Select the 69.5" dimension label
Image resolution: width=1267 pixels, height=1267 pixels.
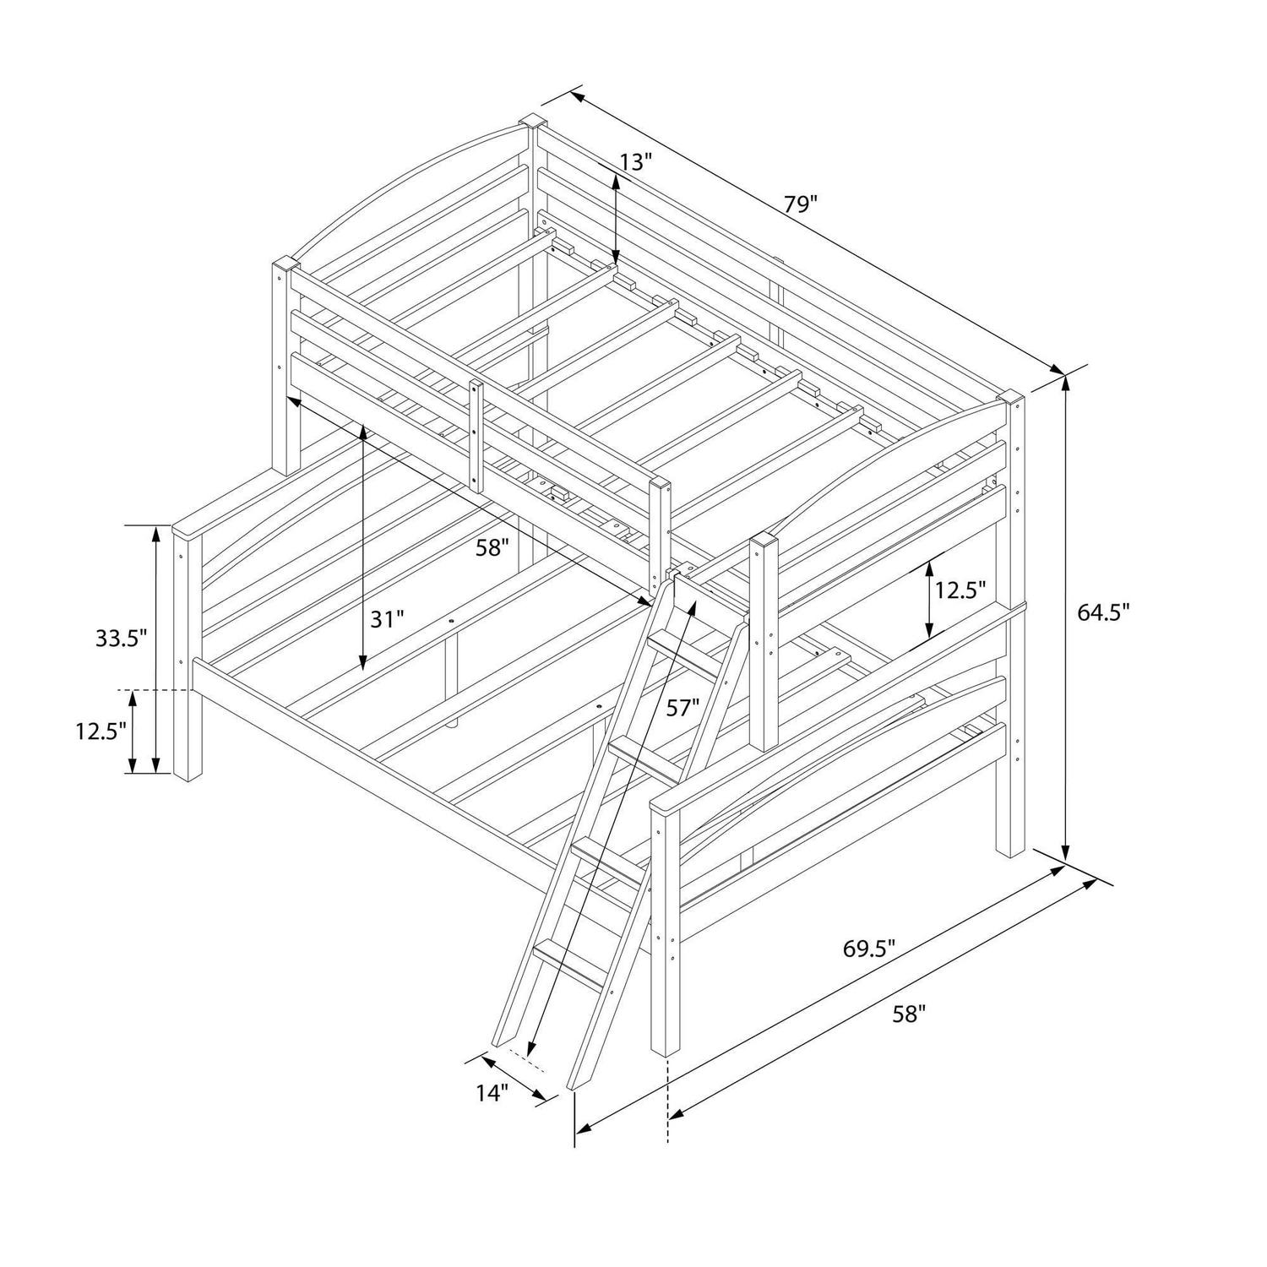[868, 948]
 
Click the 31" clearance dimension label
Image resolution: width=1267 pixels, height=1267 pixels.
[388, 619]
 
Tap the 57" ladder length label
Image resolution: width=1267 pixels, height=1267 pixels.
[683, 708]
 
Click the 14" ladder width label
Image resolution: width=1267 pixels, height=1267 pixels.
[492, 1093]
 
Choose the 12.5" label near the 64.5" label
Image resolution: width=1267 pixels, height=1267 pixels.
[960, 590]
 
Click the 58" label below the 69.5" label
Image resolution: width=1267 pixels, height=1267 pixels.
[909, 1014]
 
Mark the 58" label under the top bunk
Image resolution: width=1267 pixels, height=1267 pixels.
[492, 547]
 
